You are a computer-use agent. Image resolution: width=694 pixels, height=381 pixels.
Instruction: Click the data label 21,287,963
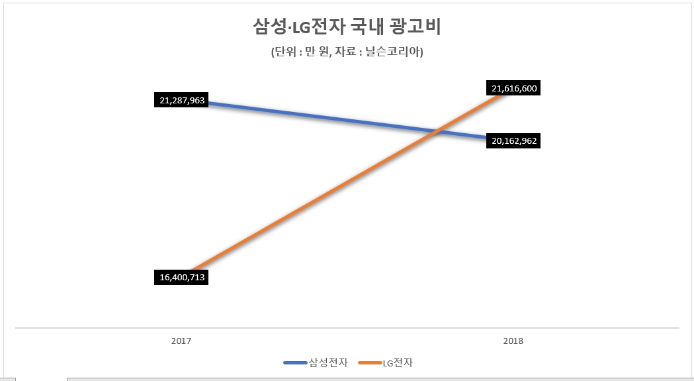(182, 101)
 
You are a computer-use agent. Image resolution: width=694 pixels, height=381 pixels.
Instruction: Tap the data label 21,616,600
(513, 88)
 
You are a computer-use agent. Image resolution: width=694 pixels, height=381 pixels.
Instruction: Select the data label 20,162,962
(513, 141)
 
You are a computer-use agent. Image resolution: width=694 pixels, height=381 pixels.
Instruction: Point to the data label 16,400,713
(182, 277)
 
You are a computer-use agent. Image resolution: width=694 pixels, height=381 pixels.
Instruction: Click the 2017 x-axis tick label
(181, 341)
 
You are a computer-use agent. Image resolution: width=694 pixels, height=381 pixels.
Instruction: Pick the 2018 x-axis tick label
(513, 341)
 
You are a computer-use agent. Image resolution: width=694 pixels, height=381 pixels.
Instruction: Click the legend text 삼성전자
(327, 362)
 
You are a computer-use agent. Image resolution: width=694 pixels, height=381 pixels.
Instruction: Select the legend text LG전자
(397, 362)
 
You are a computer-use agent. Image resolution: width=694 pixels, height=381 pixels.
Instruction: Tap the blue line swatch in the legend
(294, 362)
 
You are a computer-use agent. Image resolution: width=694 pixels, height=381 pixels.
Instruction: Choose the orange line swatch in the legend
(369, 362)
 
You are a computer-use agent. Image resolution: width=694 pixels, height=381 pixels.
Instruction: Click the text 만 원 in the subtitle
(314, 52)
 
